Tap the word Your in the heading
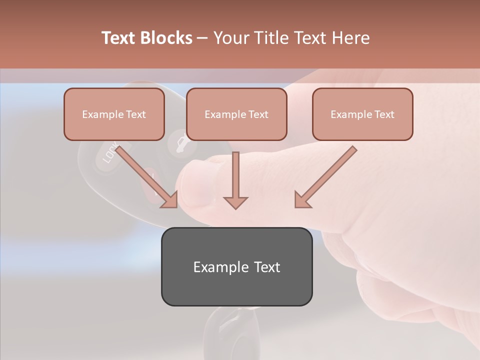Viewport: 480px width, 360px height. (x=232, y=38)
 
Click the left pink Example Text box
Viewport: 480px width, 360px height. (x=114, y=114)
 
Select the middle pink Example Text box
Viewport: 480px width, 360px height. (x=236, y=114)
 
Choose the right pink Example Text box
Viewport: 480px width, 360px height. (x=362, y=114)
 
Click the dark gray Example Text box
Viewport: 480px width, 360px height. (x=236, y=266)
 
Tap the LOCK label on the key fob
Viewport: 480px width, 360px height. (x=110, y=153)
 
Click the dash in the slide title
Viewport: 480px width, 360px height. (x=202, y=38)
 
